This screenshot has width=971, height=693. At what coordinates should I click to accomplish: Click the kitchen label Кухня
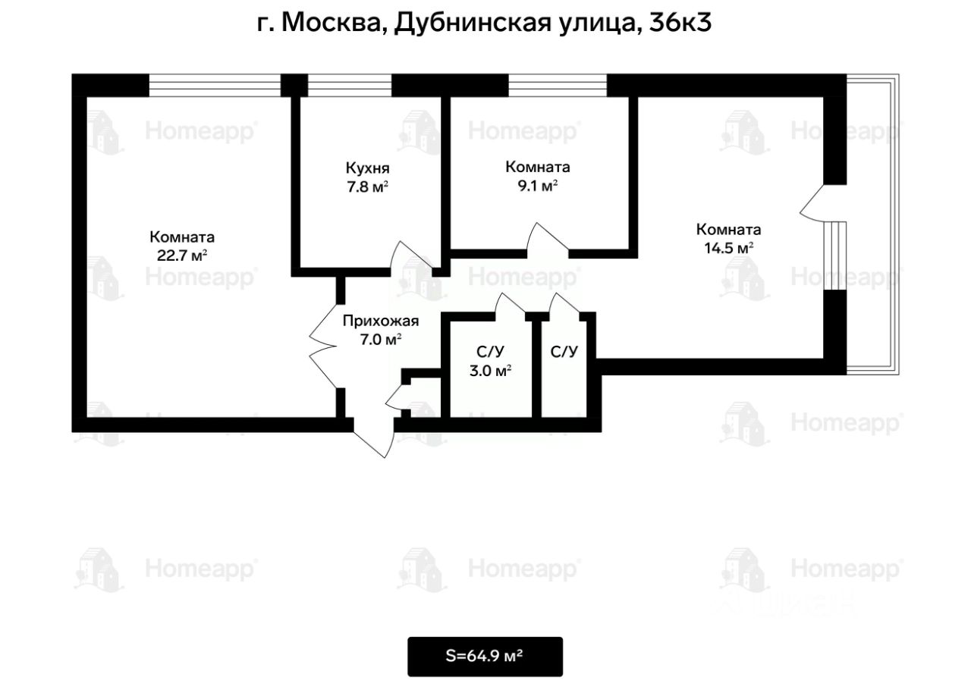click(368, 168)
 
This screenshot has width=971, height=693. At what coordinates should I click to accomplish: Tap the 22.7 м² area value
click(181, 256)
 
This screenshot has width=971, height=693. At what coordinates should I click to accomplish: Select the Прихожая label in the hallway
click(381, 321)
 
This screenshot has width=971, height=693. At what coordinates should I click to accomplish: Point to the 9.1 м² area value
click(538, 186)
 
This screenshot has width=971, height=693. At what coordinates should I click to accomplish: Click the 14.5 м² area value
click(728, 248)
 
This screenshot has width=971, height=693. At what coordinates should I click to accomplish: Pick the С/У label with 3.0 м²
click(490, 352)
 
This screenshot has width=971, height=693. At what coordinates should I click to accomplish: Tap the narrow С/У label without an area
click(564, 352)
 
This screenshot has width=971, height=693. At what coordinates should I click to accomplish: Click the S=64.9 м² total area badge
click(485, 657)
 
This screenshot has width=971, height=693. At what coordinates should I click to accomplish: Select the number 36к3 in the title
click(680, 23)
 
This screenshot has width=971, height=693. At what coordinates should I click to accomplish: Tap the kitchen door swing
click(411, 258)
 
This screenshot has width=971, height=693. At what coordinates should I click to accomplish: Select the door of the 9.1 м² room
click(547, 240)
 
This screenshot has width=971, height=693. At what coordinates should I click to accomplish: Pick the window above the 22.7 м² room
click(215, 86)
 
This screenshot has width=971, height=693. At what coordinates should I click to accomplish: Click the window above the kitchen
click(350, 86)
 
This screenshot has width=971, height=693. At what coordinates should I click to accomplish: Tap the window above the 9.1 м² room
click(558, 86)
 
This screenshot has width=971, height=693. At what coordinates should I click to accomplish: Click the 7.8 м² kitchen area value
click(368, 187)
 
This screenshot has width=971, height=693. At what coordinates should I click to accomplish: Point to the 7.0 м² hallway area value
click(381, 340)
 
